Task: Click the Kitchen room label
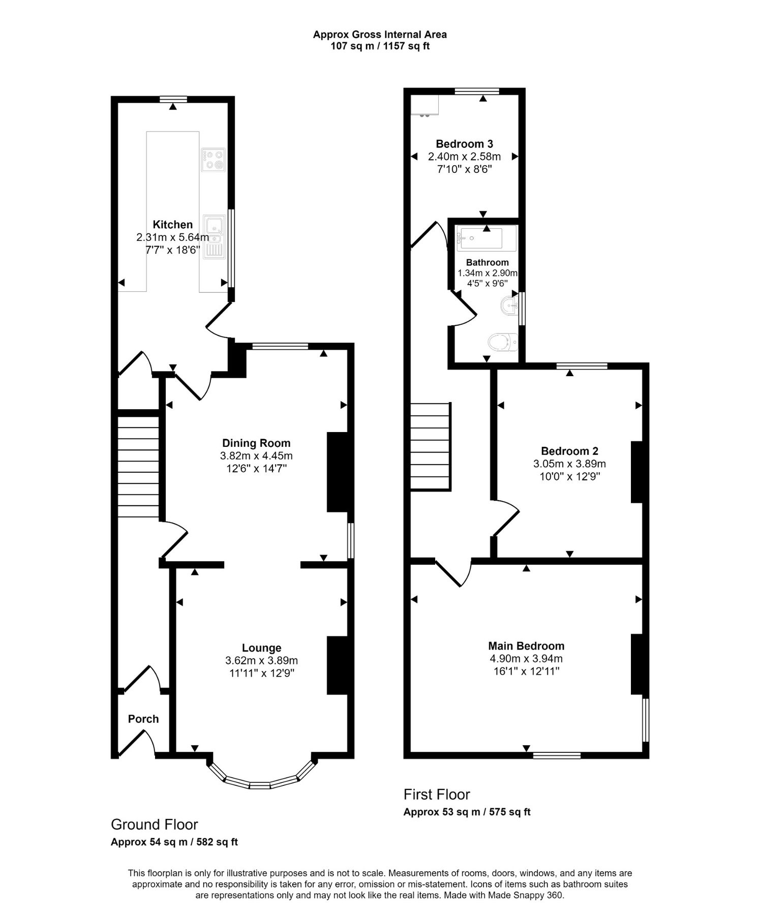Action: click(173, 225)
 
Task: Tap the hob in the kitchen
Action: click(213, 160)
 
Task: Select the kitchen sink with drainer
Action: click(215, 237)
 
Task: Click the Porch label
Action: click(143, 719)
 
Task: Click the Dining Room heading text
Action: click(256, 443)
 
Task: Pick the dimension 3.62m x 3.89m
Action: click(261, 660)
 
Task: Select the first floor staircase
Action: click(431, 446)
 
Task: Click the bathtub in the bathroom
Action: click(487, 238)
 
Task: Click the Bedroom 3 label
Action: click(464, 144)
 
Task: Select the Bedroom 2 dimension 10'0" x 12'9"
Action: click(569, 476)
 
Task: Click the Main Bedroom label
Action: click(526, 646)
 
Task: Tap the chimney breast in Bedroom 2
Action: click(637, 472)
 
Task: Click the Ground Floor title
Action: click(155, 824)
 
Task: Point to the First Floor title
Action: click(437, 794)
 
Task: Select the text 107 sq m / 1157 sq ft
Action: click(380, 46)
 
